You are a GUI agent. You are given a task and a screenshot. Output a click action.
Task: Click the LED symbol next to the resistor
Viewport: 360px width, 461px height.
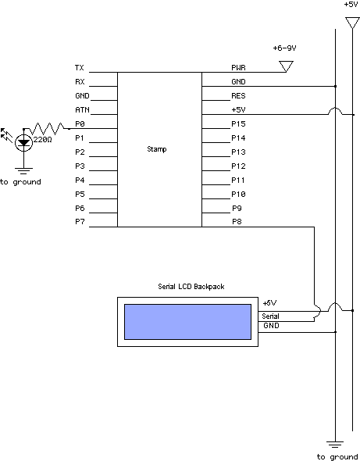(x=23, y=143)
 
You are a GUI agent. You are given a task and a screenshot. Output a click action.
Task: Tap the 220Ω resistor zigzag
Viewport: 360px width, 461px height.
(x=46, y=128)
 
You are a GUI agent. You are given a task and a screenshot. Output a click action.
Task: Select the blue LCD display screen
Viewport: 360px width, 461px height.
(x=187, y=322)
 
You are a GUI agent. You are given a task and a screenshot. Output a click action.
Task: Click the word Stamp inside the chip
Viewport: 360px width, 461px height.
(x=157, y=149)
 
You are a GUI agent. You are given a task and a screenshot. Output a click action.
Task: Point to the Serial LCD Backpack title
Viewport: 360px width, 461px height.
(x=191, y=286)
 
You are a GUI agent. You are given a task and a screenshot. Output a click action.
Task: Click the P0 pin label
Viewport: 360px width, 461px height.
(x=80, y=123)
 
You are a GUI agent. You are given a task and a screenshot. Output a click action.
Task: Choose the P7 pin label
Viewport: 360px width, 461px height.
(x=80, y=221)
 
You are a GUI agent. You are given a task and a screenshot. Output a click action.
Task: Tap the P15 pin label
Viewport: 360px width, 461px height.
(x=238, y=123)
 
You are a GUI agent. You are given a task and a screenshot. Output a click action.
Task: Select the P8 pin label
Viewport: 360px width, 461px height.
(x=237, y=221)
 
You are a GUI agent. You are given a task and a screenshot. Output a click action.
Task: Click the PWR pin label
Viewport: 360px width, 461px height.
(x=238, y=68)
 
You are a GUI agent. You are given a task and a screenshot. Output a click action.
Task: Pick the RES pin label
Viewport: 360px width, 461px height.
(x=238, y=96)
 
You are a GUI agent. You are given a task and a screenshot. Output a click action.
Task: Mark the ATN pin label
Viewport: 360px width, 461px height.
(x=82, y=109)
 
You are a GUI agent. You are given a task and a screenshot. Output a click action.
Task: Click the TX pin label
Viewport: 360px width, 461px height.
(x=80, y=68)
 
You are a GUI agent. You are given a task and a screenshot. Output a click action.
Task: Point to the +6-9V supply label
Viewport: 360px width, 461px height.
(x=284, y=48)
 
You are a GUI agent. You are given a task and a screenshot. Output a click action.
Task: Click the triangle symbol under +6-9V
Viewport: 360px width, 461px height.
(x=286, y=66)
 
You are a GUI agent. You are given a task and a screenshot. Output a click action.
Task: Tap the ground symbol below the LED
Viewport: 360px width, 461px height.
(x=23, y=170)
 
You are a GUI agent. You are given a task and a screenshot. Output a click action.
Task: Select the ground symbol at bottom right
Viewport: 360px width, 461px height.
(x=335, y=445)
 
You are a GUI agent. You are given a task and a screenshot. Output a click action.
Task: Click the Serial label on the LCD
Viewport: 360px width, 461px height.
(x=270, y=316)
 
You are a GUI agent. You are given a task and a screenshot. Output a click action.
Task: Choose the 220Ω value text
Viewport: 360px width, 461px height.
(x=43, y=139)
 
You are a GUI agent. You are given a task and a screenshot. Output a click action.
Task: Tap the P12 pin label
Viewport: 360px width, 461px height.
(x=238, y=166)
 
